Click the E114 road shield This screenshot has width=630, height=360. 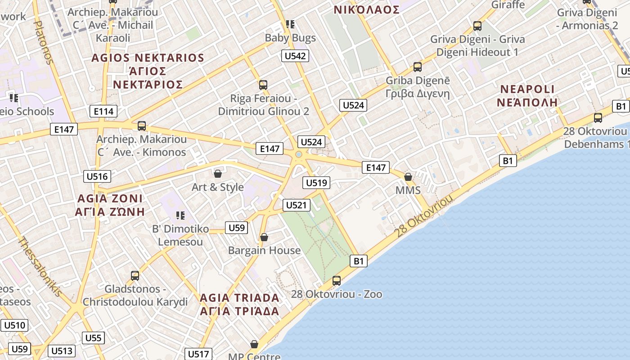(103, 111)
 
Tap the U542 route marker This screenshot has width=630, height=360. (295, 56)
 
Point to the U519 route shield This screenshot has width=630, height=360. (317, 183)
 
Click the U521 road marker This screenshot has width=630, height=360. (297, 205)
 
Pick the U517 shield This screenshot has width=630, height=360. (198, 354)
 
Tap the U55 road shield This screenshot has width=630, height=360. (94, 338)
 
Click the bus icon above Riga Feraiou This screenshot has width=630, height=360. (263, 85)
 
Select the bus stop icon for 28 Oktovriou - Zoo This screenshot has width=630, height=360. (336, 281)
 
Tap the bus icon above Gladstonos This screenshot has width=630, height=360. (135, 275)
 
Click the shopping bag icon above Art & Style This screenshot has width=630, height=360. (218, 173)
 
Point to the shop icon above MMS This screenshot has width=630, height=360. (408, 177)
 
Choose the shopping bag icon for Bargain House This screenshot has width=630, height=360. (264, 237)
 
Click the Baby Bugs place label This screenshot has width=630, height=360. (290, 38)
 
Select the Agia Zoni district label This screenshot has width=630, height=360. (110, 205)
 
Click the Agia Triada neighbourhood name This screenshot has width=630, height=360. (239, 304)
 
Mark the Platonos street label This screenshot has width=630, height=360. (44, 43)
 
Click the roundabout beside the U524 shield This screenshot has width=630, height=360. (298, 155)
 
